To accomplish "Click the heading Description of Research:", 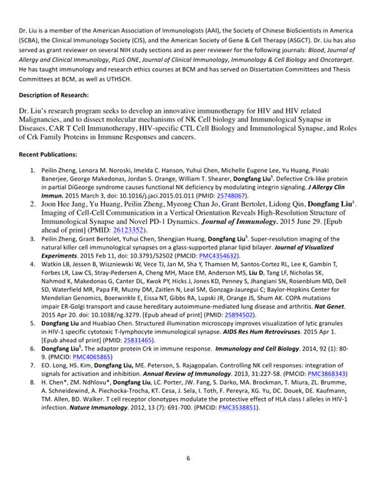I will (x=53, y=95).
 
